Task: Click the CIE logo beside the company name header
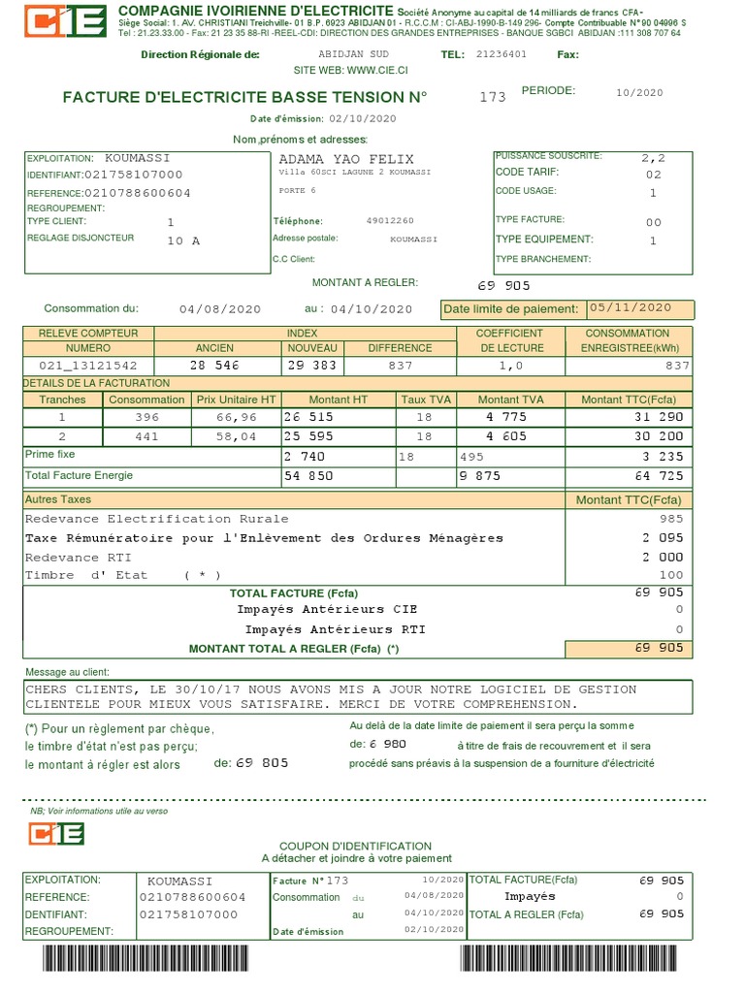pyautogui.click(x=64, y=20)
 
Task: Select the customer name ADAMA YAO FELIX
pyautogui.click(x=345, y=159)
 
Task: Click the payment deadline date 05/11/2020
pyautogui.click(x=630, y=307)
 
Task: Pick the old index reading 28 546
pyautogui.click(x=214, y=366)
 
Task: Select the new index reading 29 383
pyautogui.click(x=311, y=366)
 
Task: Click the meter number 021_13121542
pyautogui.click(x=88, y=366)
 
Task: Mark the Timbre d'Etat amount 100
pyautogui.click(x=671, y=575)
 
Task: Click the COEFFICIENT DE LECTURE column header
pyautogui.click(x=509, y=340)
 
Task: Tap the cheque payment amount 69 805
pyautogui.click(x=262, y=763)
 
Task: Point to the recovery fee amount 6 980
pyautogui.click(x=387, y=744)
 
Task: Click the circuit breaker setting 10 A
pyautogui.click(x=183, y=240)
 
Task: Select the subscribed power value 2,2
pyautogui.click(x=654, y=156)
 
